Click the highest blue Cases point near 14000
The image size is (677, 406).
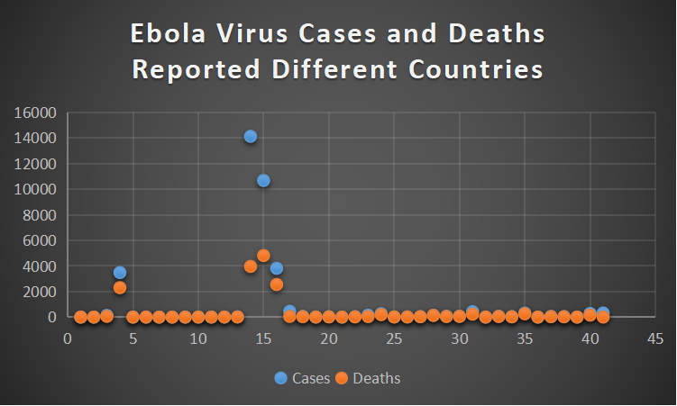(x=251, y=136)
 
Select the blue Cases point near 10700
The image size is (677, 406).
(x=263, y=180)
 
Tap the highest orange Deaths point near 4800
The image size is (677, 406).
(x=263, y=255)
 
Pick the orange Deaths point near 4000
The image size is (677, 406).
(x=251, y=266)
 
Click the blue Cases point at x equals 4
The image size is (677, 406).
(x=120, y=272)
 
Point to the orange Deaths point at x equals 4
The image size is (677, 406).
(x=120, y=287)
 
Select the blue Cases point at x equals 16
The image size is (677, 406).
(x=277, y=268)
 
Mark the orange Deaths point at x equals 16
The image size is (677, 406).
(x=277, y=284)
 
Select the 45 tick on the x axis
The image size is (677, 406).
(x=655, y=338)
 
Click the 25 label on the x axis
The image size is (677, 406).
(x=394, y=338)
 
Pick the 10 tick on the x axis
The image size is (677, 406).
(x=197, y=338)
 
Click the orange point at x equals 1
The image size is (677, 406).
(x=81, y=317)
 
